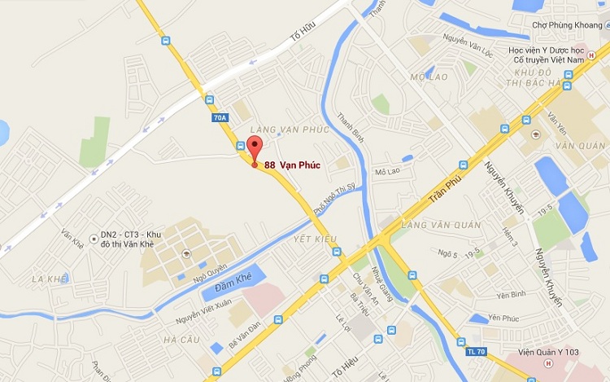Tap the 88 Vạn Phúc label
(292, 165)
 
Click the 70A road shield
(220, 117)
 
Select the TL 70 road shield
(477, 351)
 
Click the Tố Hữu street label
(302, 38)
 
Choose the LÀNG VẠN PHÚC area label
(290, 130)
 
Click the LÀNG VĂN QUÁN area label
(441, 225)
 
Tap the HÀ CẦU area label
(181, 339)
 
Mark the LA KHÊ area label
(48, 279)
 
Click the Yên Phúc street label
(503, 318)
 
